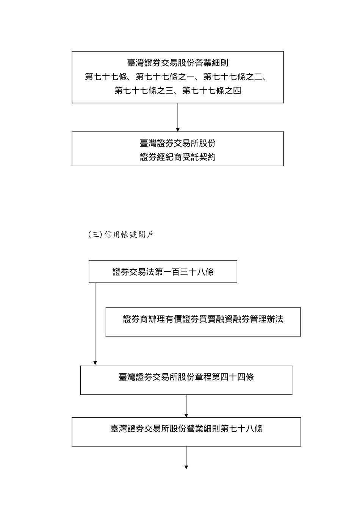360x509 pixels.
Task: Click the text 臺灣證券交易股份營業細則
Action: pyautogui.click(x=177, y=63)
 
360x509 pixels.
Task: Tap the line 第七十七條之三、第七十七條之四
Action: pyautogui.click(x=177, y=91)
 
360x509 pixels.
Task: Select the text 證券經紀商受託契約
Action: pyautogui.click(x=178, y=157)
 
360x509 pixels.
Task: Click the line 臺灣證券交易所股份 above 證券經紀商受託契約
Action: pyautogui.click(x=178, y=143)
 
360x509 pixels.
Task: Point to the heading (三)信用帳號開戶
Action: pyautogui.click(x=121, y=235)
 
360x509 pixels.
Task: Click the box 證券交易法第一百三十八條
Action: pyautogui.click(x=163, y=272)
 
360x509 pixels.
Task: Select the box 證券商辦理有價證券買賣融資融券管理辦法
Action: pyautogui.click(x=203, y=322)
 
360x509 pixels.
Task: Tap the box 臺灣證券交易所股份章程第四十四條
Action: pyautogui.click(x=186, y=380)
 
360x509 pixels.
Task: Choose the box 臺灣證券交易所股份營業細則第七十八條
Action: pyautogui.click(x=186, y=432)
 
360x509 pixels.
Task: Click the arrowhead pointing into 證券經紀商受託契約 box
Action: pyautogui.click(x=178, y=130)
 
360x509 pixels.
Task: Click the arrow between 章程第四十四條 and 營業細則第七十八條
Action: pyautogui.click(x=186, y=406)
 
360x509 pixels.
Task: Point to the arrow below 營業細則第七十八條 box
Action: pyautogui.click(x=186, y=458)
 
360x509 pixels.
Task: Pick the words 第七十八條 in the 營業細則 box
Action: pyautogui.click(x=241, y=429)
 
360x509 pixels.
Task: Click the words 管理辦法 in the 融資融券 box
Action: pyautogui.click(x=266, y=319)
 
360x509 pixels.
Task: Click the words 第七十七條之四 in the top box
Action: pyautogui.click(x=211, y=91)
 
